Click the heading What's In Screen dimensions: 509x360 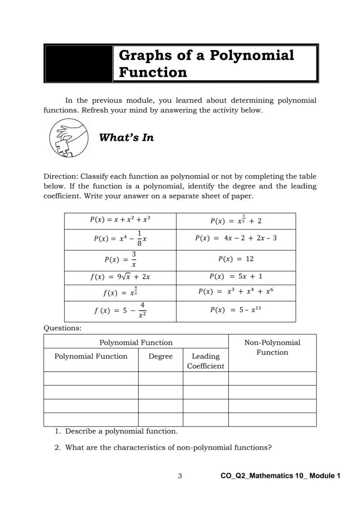pyautogui.click(x=126, y=138)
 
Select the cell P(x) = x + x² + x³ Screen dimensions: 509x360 pyautogui.click(x=120, y=220)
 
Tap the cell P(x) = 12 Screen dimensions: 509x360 pyautogui.click(x=236, y=259)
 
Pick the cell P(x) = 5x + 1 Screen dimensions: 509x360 pyautogui.click(x=236, y=277)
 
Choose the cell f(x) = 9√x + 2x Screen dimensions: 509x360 pyautogui.click(x=120, y=277)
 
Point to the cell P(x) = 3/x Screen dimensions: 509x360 pyautogui.click(x=120, y=259)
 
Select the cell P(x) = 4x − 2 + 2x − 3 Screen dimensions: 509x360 pyautogui.click(x=236, y=239)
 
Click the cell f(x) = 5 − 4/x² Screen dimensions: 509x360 pyautogui.click(x=120, y=311)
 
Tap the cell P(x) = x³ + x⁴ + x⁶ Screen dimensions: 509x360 pyautogui.click(x=236, y=292)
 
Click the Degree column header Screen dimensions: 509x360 pyautogui.click(x=160, y=356)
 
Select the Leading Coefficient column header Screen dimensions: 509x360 pyautogui.click(x=206, y=361)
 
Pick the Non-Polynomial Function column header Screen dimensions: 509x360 pyautogui.click(x=272, y=347)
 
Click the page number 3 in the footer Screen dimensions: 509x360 pyautogui.click(x=180, y=476)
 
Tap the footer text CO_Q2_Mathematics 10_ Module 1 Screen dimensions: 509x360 pyautogui.click(x=280, y=476)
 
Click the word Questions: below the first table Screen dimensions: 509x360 pyautogui.click(x=62, y=328)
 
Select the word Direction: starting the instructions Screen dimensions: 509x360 pyautogui.click(x=61, y=177)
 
